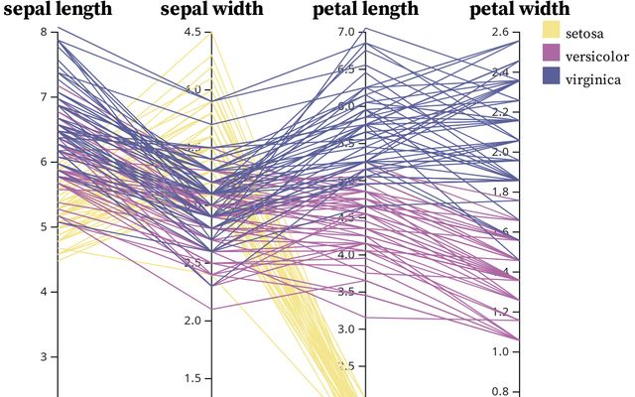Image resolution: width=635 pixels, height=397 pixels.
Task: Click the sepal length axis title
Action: click(x=58, y=10)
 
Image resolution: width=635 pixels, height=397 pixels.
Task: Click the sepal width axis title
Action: click(x=211, y=10)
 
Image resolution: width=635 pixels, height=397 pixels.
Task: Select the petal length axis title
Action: click(x=365, y=10)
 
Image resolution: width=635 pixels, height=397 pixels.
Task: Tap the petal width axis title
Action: click(x=519, y=10)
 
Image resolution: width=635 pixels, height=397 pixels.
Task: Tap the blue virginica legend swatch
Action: click(x=552, y=78)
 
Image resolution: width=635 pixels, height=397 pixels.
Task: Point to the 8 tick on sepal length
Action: click(x=43, y=32)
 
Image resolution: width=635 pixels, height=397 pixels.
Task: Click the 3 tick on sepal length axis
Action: click(x=43, y=356)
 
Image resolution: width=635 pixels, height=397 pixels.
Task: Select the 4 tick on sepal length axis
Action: click(x=43, y=292)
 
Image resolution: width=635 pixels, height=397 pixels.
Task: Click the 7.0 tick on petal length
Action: click(x=345, y=32)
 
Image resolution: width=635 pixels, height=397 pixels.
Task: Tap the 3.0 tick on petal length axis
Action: click(x=345, y=329)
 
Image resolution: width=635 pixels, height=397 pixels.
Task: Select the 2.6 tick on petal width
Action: click(x=499, y=32)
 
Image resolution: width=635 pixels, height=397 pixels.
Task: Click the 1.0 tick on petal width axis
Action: click(x=499, y=351)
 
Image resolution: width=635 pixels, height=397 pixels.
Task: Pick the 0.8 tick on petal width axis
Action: click(x=499, y=391)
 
